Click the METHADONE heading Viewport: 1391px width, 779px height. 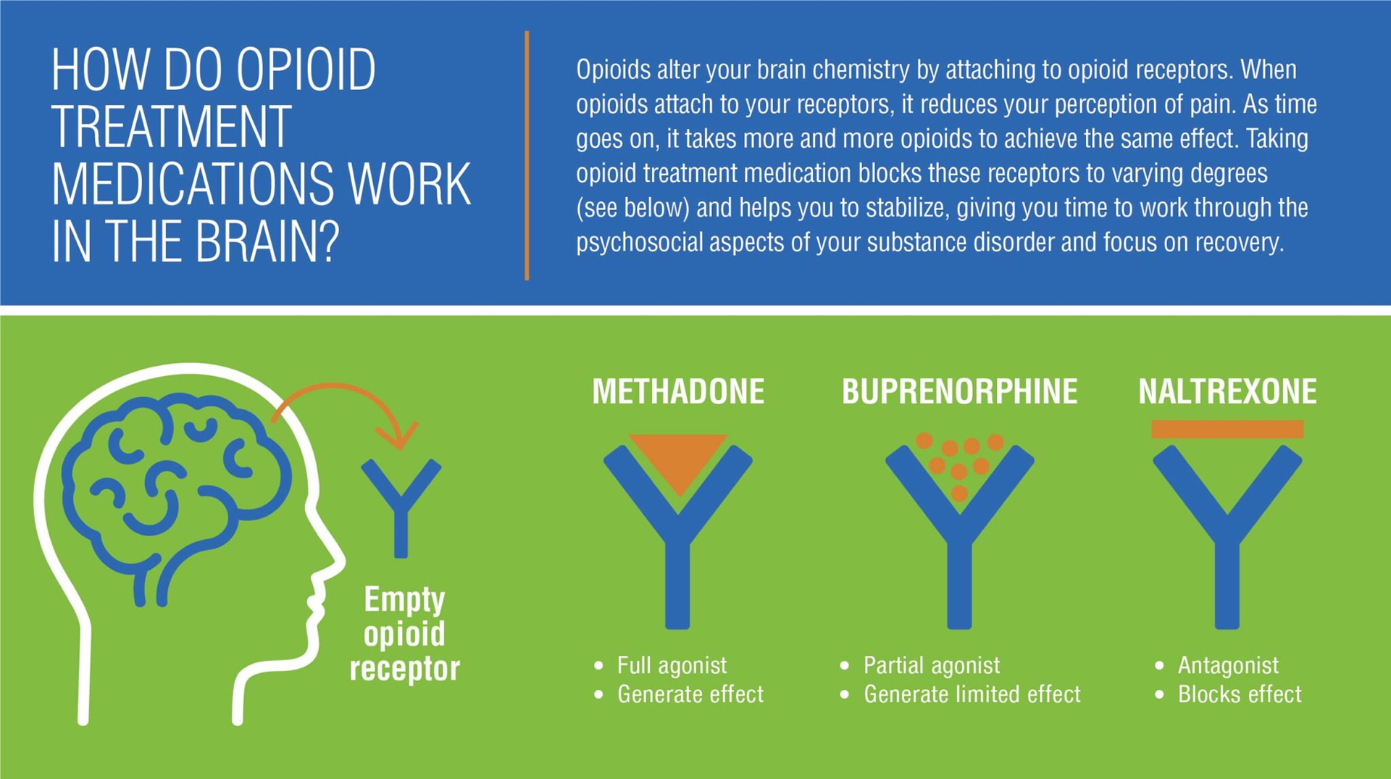678,391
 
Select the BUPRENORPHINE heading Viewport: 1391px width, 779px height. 959,391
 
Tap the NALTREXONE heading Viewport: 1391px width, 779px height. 1227,391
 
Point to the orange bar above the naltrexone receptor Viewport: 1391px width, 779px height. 1227,429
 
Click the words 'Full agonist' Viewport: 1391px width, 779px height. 672,665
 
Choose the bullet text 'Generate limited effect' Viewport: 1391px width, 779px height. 972,694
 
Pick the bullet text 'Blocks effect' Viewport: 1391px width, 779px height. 1240,694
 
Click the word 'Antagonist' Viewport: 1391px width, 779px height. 1228,665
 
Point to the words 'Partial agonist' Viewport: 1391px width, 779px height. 932,665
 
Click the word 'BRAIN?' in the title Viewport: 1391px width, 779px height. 267,241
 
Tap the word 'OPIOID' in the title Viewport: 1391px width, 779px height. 306,70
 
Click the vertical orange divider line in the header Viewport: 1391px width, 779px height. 527,155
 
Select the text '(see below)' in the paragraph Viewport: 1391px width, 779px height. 632,208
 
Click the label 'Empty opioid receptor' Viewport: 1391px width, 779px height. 404,634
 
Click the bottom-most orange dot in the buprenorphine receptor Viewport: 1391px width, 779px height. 959,493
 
